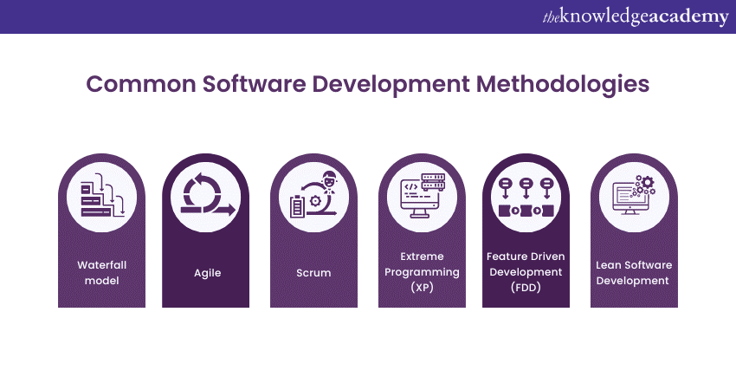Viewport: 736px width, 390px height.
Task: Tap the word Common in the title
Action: [141, 84]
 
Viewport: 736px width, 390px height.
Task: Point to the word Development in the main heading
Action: [391, 85]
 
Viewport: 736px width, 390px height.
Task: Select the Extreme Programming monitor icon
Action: [423, 196]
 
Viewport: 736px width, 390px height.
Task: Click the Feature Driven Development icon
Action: [526, 198]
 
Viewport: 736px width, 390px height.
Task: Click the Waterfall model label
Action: [102, 272]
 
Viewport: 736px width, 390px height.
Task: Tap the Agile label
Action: [208, 273]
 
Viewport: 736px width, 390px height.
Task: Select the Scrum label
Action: [313, 272]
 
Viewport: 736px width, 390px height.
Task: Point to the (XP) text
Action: [422, 287]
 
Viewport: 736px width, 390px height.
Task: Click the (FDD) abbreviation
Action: [526, 287]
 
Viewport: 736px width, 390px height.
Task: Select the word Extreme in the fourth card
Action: [422, 257]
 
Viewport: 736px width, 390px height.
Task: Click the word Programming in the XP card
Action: [422, 272]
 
